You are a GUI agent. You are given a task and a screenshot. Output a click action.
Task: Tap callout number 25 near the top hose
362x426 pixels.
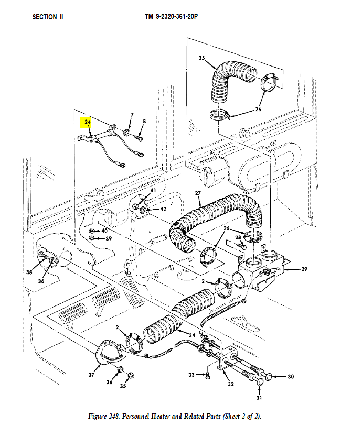click(201, 58)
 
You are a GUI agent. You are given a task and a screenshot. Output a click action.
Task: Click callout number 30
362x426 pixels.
click(291, 376)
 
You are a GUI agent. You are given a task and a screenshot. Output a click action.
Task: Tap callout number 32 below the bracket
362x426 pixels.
click(230, 384)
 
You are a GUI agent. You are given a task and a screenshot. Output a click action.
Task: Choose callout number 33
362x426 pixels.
click(191, 375)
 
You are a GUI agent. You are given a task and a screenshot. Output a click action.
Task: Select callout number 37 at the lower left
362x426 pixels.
click(92, 375)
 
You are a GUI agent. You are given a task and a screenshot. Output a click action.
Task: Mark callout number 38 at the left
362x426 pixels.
click(29, 272)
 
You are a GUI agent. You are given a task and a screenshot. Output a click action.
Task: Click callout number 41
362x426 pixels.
click(153, 190)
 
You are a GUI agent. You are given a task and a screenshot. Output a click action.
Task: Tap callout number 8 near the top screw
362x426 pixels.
click(144, 121)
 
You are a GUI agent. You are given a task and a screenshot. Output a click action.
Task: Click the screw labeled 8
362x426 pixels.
click(140, 135)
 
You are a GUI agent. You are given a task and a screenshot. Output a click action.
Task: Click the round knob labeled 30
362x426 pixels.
click(269, 376)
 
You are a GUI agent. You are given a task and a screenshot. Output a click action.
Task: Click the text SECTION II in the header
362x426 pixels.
click(48, 17)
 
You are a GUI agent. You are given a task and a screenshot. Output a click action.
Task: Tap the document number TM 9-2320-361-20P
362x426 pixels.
click(171, 17)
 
